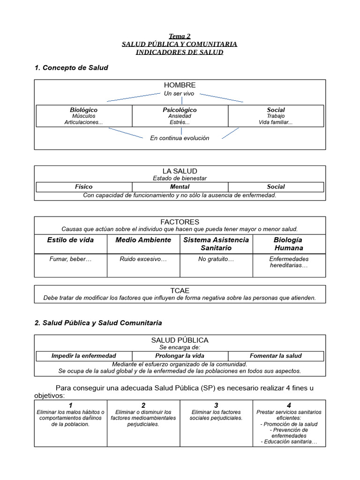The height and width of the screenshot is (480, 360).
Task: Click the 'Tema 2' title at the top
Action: pyautogui.click(x=180, y=36)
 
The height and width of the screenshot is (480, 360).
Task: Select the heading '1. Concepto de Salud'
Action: pyautogui.click(x=71, y=67)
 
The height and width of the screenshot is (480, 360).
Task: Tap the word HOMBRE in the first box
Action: pyautogui.click(x=180, y=85)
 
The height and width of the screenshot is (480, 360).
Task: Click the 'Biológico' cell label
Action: pyautogui.click(x=84, y=110)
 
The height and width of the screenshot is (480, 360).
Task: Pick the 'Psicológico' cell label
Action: pyautogui.click(x=180, y=110)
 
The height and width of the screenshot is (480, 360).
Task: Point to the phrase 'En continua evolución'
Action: pyautogui.click(x=180, y=138)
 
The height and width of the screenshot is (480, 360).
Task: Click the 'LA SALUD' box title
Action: pyautogui.click(x=180, y=171)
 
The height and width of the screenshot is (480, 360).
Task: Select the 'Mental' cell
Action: pyautogui.click(x=180, y=187)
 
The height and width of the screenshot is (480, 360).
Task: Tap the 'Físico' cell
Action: pyautogui.click(x=84, y=187)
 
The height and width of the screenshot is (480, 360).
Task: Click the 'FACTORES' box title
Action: pyautogui.click(x=180, y=222)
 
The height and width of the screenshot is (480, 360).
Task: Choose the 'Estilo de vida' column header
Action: pyautogui.click(x=70, y=240)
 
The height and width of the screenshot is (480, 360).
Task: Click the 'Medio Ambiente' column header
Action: pyautogui.click(x=143, y=240)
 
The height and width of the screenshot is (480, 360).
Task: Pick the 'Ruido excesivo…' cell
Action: pyautogui.click(x=143, y=259)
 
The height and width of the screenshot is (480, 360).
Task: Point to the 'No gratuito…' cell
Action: pyautogui.click(x=216, y=259)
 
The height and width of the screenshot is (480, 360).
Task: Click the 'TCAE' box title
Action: pyautogui.click(x=180, y=291)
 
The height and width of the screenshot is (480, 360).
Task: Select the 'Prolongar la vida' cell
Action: pyautogui.click(x=180, y=356)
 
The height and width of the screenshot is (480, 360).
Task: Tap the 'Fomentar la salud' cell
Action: pyautogui.click(x=276, y=356)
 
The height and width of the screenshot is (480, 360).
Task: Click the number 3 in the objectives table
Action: pyautogui.click(x=216, y=405)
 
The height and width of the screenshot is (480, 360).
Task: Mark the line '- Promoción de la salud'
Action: pyautogui.click(x=289, y=424)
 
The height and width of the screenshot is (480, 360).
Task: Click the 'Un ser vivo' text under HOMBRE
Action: pyautogui.click(x=179, y=94)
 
